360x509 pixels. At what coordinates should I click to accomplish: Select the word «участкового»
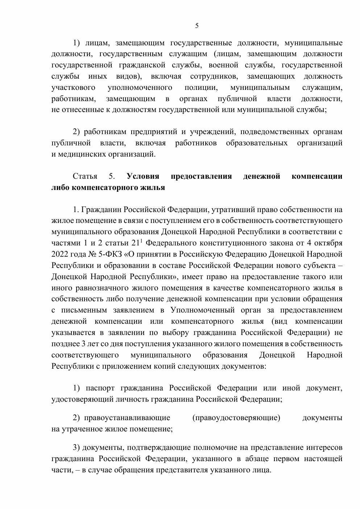pos(74,87)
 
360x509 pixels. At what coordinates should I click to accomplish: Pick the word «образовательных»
pos(257,143)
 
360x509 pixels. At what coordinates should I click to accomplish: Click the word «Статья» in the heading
pos(85,177)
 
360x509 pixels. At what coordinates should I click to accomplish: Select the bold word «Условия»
pos(143,177)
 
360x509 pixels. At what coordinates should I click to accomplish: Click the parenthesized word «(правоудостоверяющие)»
pos(236,418)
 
